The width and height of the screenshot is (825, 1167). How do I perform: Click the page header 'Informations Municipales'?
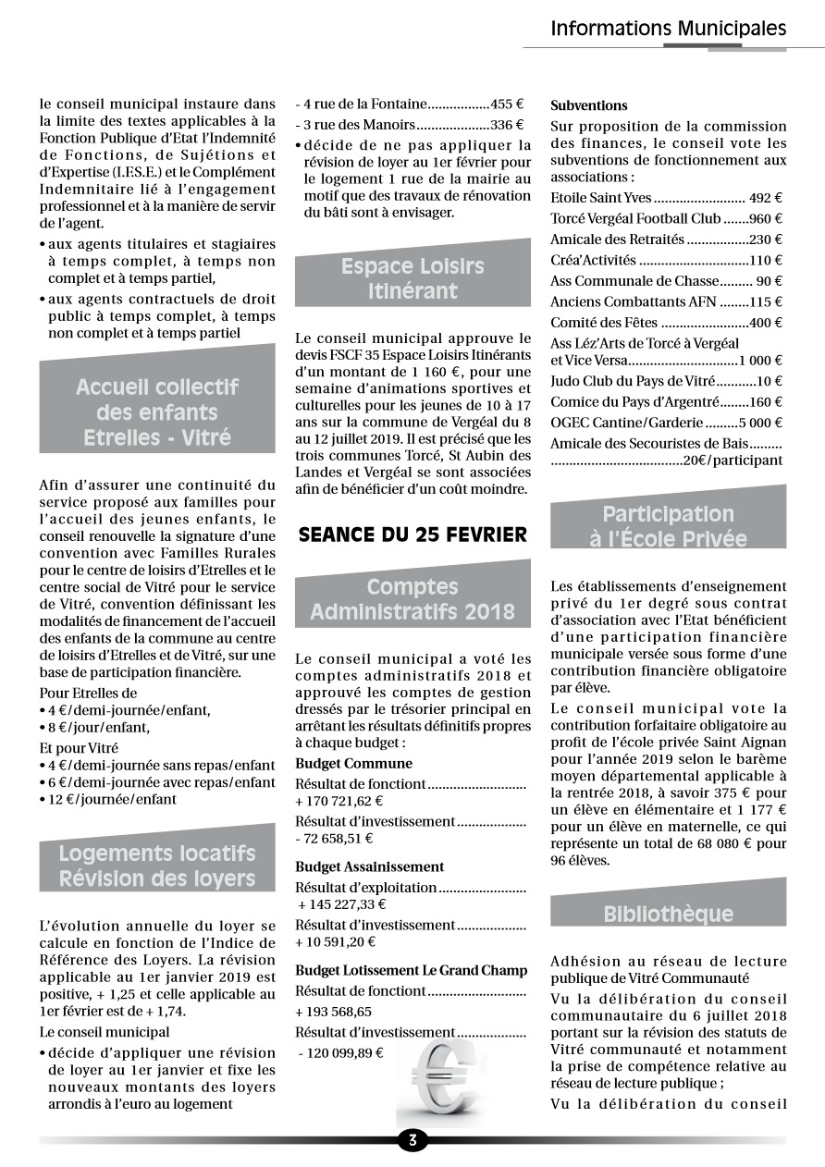click(x=668, y=29)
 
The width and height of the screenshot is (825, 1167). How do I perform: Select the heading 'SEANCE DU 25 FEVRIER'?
click(x=412, y=534)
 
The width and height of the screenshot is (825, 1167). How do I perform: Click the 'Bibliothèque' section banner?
click(x=668, y=914)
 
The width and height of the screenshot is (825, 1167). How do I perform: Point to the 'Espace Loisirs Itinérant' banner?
click(x=412, y=278)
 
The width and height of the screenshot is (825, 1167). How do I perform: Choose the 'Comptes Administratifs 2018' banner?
click(x=412, y=599)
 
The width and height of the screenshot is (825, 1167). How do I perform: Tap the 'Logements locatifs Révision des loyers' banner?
click(x=157, y=866)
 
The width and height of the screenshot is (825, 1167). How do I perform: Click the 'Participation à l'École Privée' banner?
click(x=668, y=526)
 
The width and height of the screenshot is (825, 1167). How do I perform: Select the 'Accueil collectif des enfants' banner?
click(x=157, y=412)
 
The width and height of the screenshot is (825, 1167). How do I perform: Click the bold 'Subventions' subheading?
click(x=589, y=105)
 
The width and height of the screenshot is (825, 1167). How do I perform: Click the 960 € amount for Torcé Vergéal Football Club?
click(x=767, y=219)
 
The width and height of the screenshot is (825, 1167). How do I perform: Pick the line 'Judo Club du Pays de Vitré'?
click(x=638, y=381)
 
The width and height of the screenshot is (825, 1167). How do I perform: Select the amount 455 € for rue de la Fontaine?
click(x=508, y=104)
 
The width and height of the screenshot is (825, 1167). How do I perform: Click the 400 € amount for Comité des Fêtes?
click(x=766, y=323)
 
